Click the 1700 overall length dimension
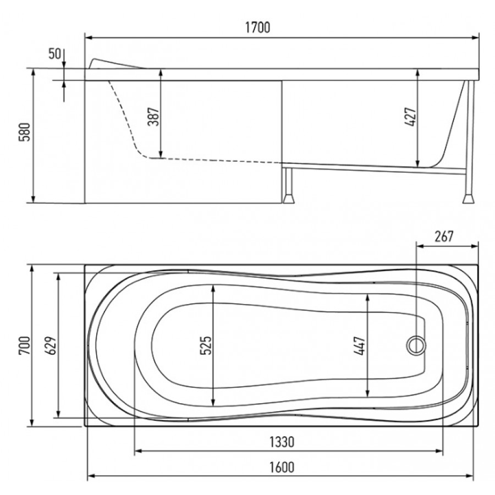[257, 28]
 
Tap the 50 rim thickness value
[54, 54]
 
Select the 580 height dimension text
[25, 132]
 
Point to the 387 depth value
[154, 117]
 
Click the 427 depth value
[411, 117]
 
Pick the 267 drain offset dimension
[444, 236]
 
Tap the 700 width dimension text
[25, 346]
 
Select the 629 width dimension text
[52, 346]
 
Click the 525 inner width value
[206, 345]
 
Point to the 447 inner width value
[360, 346]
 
